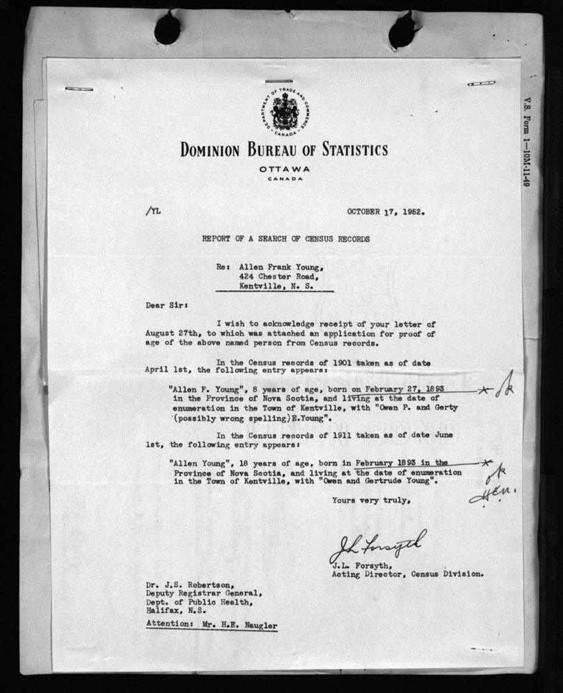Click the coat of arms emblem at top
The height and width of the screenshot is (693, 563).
pyautogui.click(x=284, y=112)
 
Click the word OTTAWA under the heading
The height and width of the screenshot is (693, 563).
pyautogui.click(x=284, y=169)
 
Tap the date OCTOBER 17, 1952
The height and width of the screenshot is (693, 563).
pyautogui.click(x=385, y=212)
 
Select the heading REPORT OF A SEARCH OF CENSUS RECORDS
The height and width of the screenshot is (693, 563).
pyautogui.click(x=285, y=239)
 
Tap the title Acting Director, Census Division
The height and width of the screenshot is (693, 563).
pyautogui.click(x=407, y=574)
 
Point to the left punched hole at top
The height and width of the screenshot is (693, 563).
pyautogui.click(x=167, y=28)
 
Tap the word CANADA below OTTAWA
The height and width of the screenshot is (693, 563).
pyautogui.click(x=285, y=179)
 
